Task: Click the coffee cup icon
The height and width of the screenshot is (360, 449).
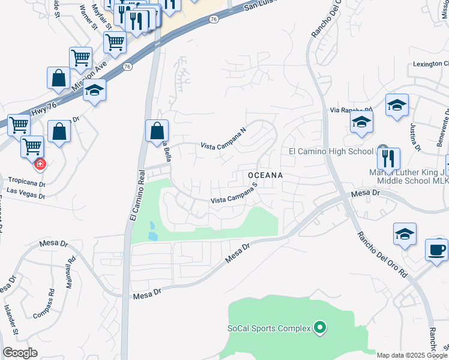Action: click(436, 249)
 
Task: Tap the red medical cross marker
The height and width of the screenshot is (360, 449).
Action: click(40, 164)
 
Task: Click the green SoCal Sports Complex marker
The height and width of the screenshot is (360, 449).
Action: click(320, 328)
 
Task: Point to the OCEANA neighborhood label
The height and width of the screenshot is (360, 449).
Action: click(265, 175)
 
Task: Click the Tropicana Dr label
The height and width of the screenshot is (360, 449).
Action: click(27, 181)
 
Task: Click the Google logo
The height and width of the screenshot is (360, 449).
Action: click(20, 353)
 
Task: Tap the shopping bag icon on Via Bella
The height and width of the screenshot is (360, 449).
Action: click(157, 130)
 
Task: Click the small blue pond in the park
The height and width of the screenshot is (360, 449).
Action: click(152, 231)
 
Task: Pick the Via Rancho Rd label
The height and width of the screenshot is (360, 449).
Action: click(352, 110)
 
